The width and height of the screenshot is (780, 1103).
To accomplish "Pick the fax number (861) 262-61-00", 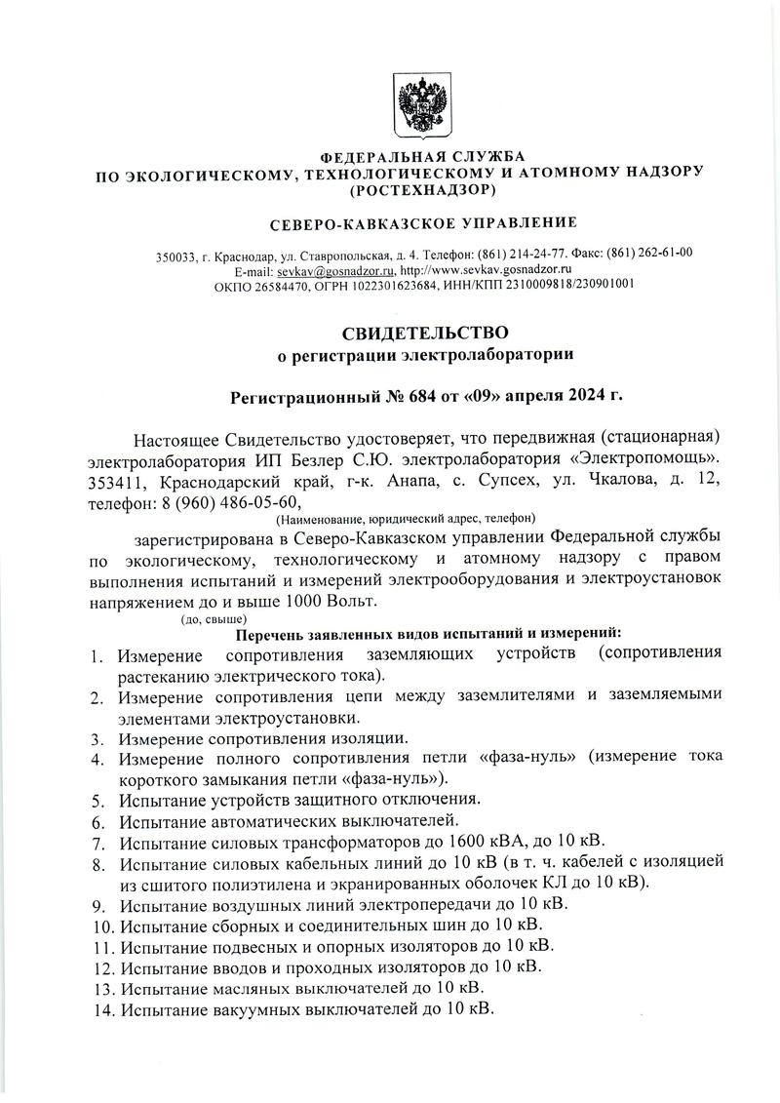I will pyautogui.click(x=648, y=254).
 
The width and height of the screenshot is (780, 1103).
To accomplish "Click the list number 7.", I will pyautogui.click(x=97, y=842).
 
